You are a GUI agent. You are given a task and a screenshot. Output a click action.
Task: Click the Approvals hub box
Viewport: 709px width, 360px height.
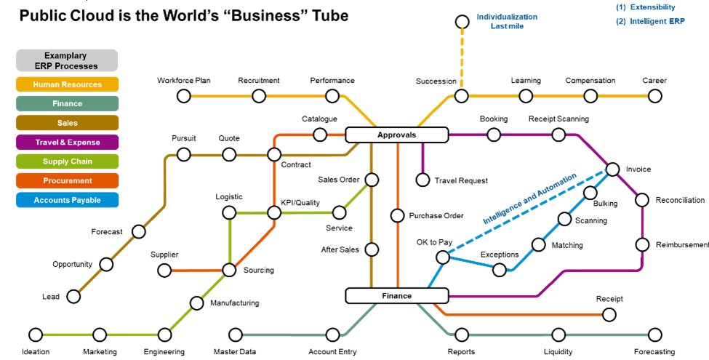coord(396,135)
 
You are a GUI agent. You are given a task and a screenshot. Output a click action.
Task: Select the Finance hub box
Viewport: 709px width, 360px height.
coord(396,296)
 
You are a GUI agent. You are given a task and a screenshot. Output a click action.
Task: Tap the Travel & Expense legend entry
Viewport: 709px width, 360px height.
coord(67,143)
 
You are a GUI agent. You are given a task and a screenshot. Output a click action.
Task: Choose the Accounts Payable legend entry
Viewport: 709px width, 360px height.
coord(67,200)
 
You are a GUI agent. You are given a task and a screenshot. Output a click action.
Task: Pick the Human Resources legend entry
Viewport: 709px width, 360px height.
coord(67,84)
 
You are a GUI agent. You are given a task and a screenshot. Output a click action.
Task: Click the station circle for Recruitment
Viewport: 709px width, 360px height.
coord(259,96)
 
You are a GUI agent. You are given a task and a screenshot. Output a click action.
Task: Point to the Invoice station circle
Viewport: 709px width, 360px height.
coord(612,169)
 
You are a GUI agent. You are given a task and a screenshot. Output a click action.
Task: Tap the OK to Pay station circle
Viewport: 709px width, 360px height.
coord(442,257)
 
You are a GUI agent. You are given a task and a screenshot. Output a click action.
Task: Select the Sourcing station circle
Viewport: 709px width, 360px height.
coord(229,270)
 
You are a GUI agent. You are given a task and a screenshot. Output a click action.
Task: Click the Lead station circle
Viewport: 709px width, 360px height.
coord(73,296)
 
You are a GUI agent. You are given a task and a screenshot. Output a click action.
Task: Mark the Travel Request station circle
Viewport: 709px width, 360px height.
coord(422,180)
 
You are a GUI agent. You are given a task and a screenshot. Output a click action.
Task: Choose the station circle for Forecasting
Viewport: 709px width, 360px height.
coord(655,335)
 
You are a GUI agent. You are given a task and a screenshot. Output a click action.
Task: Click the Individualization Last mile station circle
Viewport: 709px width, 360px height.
coord(460,21)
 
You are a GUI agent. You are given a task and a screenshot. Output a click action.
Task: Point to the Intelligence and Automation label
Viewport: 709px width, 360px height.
coord(530,198)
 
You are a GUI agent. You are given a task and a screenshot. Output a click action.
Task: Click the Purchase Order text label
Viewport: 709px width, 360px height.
coord(436,216)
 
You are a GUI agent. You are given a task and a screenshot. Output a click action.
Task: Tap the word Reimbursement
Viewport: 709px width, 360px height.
coord(681,245)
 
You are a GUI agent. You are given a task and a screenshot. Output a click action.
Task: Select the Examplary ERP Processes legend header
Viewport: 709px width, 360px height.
coord(67,60)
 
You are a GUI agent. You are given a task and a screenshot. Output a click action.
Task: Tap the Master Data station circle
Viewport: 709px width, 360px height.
coord(236,335)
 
